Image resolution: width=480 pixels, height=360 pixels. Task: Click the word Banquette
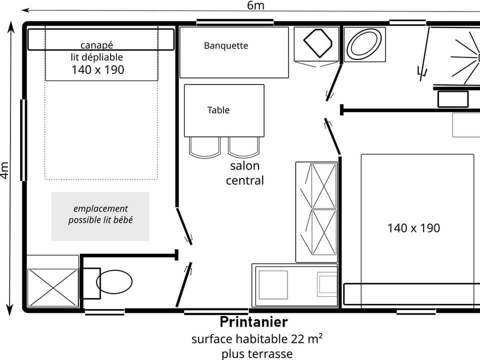(x=226, y=45)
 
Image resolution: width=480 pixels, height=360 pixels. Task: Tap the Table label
(x=218, y=110)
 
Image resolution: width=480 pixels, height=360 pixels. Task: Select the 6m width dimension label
(x=255, y=5)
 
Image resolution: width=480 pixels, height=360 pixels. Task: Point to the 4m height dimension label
(x=5, y=170)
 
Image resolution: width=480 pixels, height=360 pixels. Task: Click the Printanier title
(x=253, y=321)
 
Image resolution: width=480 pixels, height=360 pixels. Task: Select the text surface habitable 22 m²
(x=256, y=338)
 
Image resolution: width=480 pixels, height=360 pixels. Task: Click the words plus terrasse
(x=257, y=353)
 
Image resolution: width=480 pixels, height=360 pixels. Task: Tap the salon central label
(x=244, y=173)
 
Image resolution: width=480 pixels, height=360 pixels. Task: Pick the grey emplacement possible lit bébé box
(x=100, y=216)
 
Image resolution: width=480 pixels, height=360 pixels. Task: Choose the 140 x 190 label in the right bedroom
(x=413, y=228)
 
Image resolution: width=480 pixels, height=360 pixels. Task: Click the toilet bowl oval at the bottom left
(x=114, y=281)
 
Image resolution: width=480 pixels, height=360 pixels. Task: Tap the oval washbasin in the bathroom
(x=364, y=44)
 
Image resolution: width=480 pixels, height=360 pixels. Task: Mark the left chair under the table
(x=204, y=147)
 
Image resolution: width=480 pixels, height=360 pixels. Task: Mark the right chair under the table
(x=244, y=147)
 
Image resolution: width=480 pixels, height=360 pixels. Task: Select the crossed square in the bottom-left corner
(x=52, y=287)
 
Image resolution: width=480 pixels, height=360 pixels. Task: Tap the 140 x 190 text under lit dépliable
(x=97, y=69)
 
